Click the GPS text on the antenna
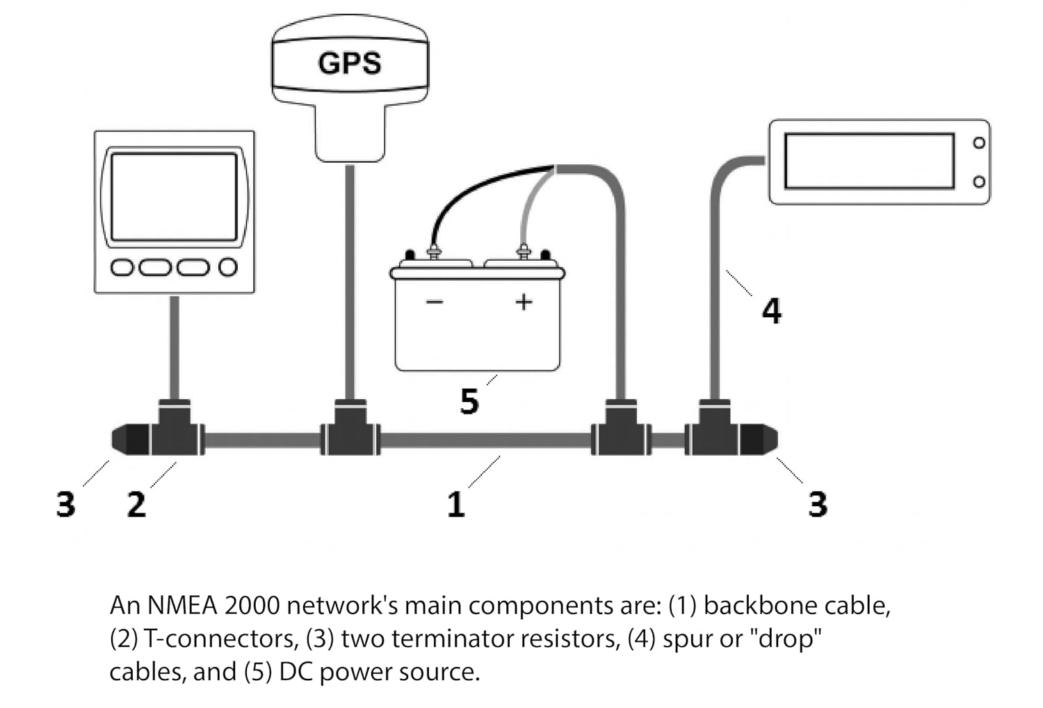pos(350,63)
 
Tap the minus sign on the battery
pos(435,303)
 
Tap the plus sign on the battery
pos(524,302)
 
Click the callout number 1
pos(456,504)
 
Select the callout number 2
pos(136,504)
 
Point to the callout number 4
pos(772,311)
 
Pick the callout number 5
pos(469,401)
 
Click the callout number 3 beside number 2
pos(65,504)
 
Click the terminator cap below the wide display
pos(759,439)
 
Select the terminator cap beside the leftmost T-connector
pos(131,440)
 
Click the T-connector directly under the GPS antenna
pos(350,428)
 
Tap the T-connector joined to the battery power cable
pos(621,428)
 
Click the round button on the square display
pos(228,267)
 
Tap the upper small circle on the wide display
pos(979,143)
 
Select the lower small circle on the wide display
pos(979,182)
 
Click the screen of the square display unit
pos(174,197)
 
